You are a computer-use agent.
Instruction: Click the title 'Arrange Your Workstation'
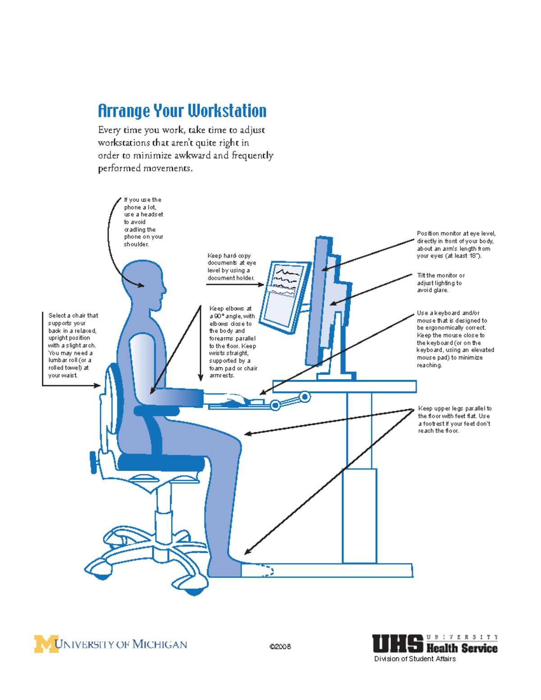[182, 111]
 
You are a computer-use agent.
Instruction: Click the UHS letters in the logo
[397, 644]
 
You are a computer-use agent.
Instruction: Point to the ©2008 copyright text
[280, 647]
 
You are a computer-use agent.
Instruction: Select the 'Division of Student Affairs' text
[415, 659]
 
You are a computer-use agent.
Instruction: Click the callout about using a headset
[143, 222]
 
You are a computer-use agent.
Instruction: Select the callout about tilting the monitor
[440, 283]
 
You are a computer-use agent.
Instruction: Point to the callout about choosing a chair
[73, 345]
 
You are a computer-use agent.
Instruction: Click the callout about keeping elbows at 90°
[233, 342]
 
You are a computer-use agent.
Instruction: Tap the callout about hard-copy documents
[232, 267]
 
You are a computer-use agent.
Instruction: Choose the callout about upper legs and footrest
[454, 420]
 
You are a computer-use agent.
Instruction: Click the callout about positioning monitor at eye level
[455, 245]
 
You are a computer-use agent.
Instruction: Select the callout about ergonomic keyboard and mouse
[455, 339]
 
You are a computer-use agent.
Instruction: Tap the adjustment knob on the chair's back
[93, 462]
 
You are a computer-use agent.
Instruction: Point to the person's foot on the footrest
[225, 569]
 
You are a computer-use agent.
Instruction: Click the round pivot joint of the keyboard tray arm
[305, 397]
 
